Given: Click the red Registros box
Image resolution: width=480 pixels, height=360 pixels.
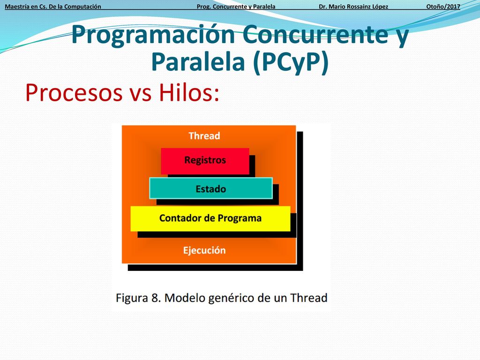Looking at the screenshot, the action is (205, 161).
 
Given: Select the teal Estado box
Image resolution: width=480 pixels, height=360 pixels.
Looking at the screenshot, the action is (211, 188).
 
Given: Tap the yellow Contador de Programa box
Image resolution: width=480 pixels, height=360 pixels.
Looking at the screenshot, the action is (210, 218).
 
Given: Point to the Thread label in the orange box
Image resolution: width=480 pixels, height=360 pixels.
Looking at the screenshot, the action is (204, 135).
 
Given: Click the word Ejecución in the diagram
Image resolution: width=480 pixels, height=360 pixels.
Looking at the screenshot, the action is (204, 250).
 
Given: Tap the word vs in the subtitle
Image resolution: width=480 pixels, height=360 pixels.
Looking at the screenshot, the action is (140, 94).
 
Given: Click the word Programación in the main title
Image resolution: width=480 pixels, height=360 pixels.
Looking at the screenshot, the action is (153, 35).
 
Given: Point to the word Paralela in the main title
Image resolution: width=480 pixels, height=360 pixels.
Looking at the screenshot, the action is (198, 62).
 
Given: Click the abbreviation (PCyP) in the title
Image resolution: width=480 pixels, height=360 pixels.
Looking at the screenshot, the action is (291, 63).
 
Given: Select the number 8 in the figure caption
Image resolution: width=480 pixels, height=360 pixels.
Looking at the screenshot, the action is (156, 298).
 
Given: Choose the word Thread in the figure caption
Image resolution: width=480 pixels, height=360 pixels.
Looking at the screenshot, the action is (309, 298).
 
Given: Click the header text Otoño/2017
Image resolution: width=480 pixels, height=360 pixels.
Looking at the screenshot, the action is (443, 7).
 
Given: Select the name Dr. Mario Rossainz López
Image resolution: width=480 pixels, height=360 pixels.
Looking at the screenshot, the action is (353, 7).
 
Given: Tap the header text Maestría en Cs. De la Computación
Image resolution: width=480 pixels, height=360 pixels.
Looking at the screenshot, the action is (53, 7).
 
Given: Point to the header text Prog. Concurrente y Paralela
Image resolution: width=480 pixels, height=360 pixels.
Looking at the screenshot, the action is (236, 7).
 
